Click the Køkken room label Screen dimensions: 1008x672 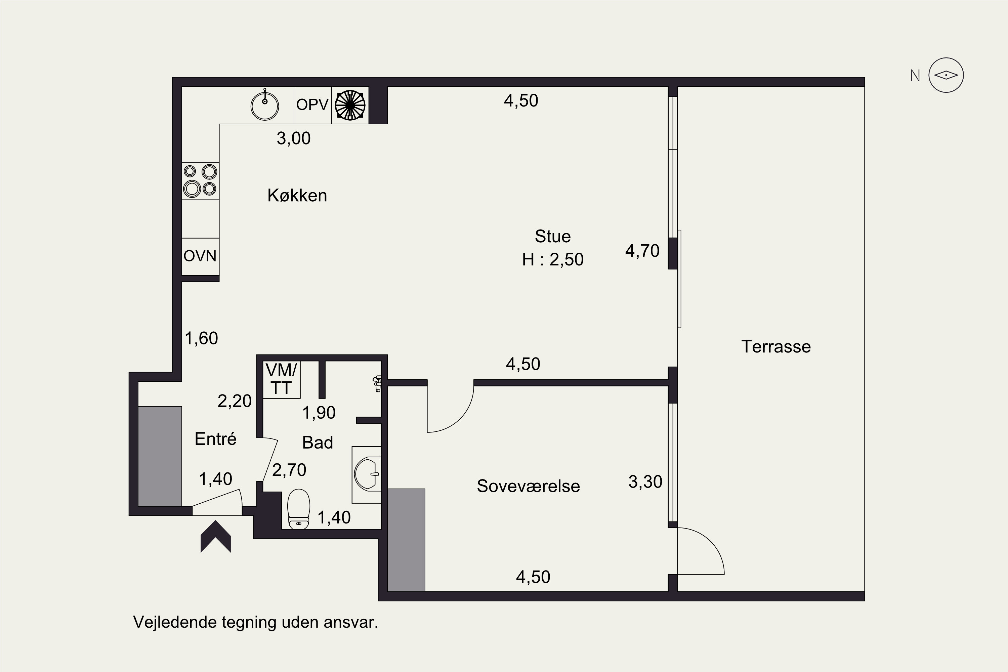coord(297,196)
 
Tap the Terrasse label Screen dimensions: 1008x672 coord(776,346)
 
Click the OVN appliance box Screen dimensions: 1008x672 coord(201,256)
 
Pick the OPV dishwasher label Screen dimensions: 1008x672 coord(312,104)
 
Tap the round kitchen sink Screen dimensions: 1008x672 coord(265,105)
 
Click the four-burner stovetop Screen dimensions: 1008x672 coord(201,180)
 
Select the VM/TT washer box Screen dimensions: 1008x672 coord(281,380)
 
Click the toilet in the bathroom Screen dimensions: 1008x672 coord(299,509)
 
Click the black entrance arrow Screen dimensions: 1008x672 coord(216,536)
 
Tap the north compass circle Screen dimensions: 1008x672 coord(946,75)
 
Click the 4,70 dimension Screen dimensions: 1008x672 coord(642,251)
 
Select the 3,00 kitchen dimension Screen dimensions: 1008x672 coord(294,138)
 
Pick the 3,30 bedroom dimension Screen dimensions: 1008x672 coord(645,482)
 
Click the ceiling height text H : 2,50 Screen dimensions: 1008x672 coord(553,259)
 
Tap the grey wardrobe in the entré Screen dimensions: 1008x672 coord(160,456)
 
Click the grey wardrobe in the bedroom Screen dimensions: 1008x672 coord(406,540)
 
